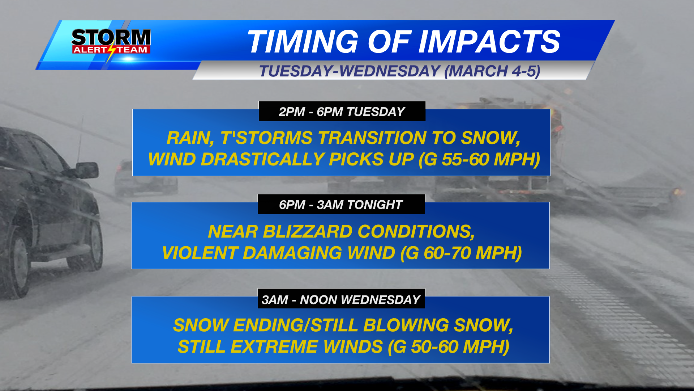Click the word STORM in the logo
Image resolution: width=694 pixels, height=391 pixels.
click(x=111, y=38)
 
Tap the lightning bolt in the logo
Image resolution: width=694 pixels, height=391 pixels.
click(x=112, y=51)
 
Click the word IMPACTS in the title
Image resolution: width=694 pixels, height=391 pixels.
click(x=489, y=42)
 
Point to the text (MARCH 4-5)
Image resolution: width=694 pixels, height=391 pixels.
click(x=492, y=71)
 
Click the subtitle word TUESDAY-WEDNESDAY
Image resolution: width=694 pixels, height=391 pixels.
click(x=350, y=71)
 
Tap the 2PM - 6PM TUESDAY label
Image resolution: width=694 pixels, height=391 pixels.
click(x=342, y=112)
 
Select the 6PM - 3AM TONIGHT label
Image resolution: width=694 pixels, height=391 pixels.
click(x=341, y=205)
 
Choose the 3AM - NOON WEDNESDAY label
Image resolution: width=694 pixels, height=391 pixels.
click(x=341, y=300)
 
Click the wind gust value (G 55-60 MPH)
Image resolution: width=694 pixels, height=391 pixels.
click(x=479, y=159)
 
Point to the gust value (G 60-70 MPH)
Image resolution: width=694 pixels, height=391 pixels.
click(x=461, y=253)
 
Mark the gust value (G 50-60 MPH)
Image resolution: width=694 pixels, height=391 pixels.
click(x=449, y=346)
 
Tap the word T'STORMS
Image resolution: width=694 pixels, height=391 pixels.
click(x=266, y=138)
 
